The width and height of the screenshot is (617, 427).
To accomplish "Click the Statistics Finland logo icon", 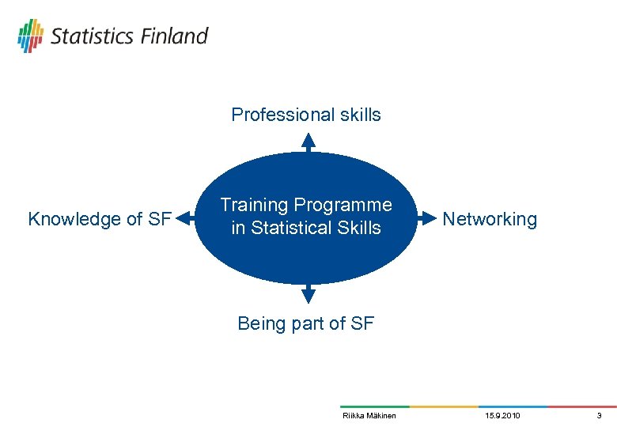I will click(30, 36).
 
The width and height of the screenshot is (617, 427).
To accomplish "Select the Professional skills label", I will click(305, 115).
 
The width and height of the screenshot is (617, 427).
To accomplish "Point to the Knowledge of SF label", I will click(100, 219).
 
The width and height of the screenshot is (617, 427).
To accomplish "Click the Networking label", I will click(490, 219).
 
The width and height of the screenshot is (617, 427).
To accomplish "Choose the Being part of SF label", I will click(305, 323).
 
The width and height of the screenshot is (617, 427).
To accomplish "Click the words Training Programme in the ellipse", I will click(305, 205).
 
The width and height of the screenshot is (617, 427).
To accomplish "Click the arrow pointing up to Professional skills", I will click(308, 142).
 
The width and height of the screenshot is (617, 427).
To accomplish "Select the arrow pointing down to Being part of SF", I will click(308, 294).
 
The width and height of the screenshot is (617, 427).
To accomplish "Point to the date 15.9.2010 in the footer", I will click(502, 415).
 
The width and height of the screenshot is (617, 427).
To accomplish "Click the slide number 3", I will click(599, 415).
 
